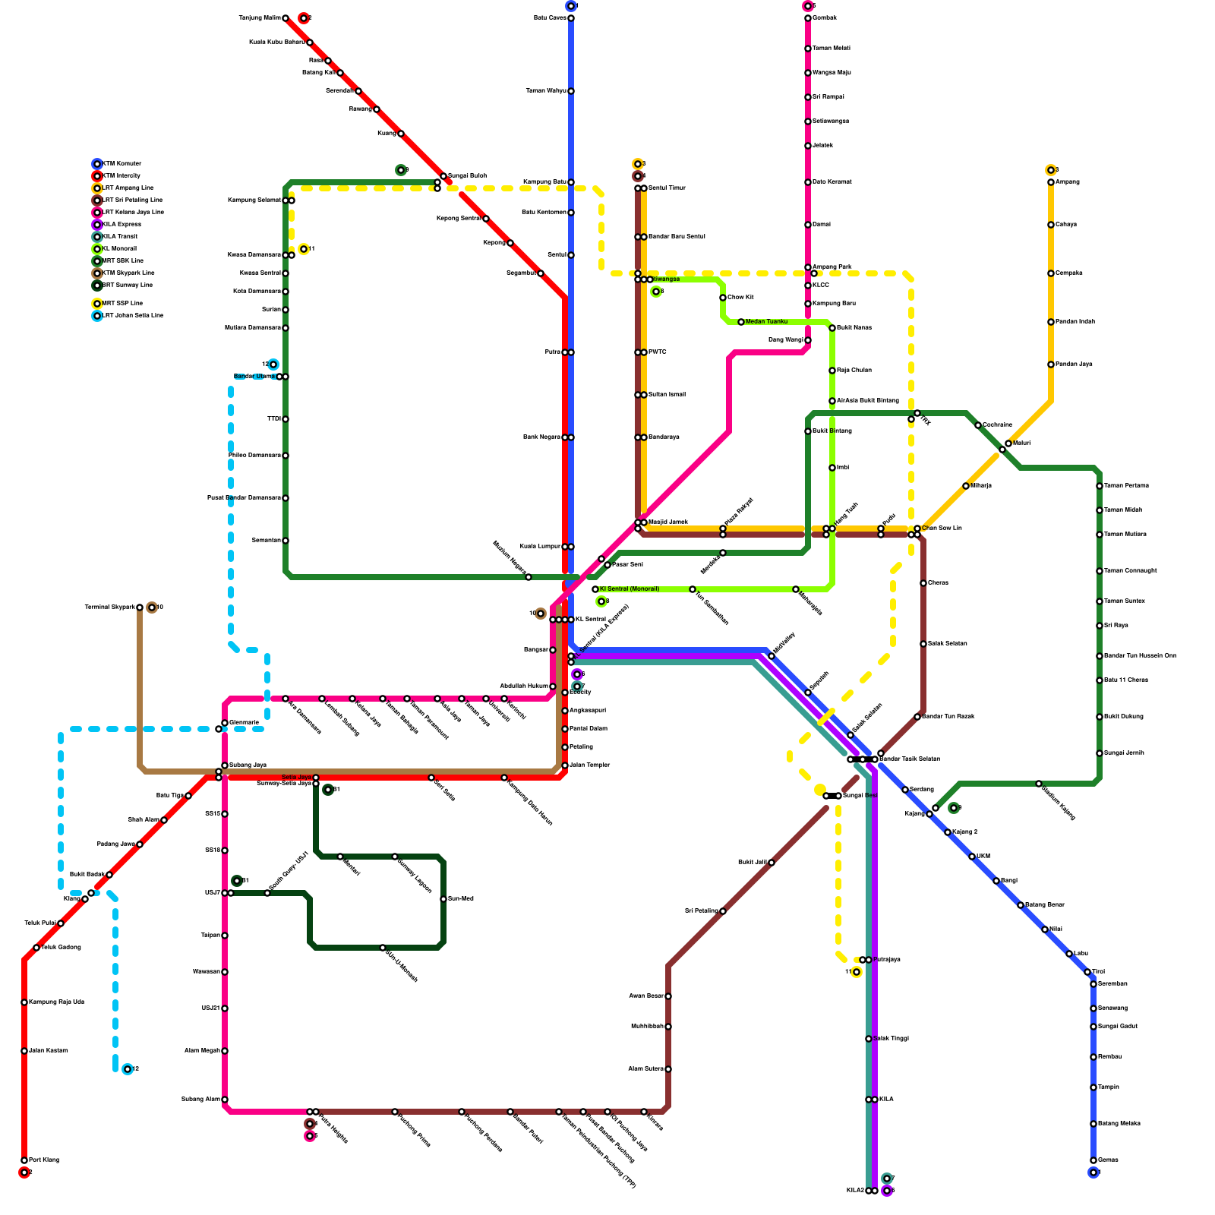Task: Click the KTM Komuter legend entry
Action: click(x=121, y=164)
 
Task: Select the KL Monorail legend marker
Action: click(x=97, y=249)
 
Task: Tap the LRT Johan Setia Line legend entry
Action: click(x=132, y=316)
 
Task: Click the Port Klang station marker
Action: click(x=24, y=1160)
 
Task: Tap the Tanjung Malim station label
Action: click(x=260, y=18)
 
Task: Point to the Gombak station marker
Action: click(x=808, y=18)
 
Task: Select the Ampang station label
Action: click(x=1068, y=182)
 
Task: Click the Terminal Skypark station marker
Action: click(x=140, y=607)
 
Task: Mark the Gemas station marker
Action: click(x=1093, y=1160)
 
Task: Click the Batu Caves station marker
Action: click(x=571, y=18)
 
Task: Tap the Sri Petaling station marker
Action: click(x=723, y=911)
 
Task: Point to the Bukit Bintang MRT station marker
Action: click(x=808, y=431)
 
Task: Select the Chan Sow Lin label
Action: click(x=942, y=528)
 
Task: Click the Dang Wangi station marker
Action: click(x=808, y=340)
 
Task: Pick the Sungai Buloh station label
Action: click(x=467, y=176)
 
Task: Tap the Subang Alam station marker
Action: click(x=225, y=1100)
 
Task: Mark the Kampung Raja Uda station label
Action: click(x=56, y=1002)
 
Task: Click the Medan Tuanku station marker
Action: click(x=741, y=322)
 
